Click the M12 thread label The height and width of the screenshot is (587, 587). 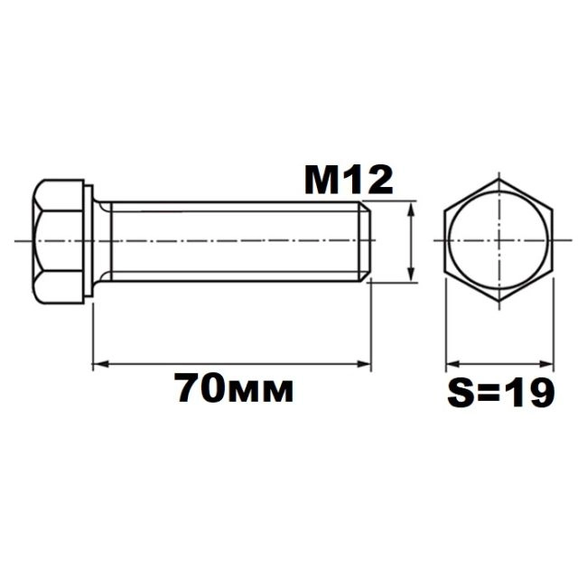pos(349,182)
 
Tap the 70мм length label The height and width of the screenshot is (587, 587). pos(234,388)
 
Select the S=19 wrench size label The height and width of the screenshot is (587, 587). pos(500,392)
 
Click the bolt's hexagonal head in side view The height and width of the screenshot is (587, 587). pos(58,241)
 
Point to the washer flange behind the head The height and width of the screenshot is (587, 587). pos(89,241)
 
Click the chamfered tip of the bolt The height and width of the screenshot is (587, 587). pos(366,241)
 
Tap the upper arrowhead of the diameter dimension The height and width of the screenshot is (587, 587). pos(412,209)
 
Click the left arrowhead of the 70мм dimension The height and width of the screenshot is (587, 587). pos(99,364)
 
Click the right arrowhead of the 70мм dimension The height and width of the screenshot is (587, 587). pos(364,364)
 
